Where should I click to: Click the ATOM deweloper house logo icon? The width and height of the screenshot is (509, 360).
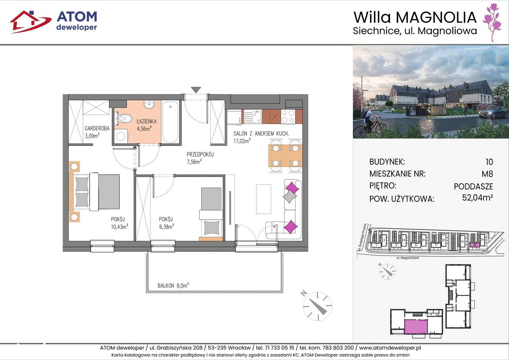point(30,21)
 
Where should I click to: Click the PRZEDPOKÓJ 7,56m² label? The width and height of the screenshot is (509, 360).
point(200,158)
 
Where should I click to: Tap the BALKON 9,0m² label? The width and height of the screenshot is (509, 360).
point(173,285)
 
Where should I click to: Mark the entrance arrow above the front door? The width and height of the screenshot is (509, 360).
point(195,90)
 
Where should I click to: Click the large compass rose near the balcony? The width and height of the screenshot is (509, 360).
point(317,306)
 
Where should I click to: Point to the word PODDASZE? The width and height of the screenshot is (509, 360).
point(473,186)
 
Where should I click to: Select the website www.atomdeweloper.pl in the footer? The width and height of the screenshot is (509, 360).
point(390,348)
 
